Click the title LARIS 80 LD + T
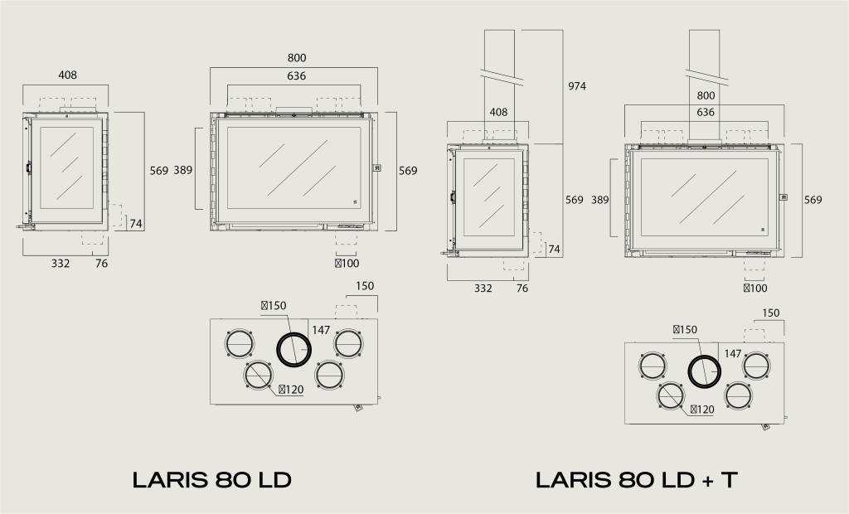point(635,479)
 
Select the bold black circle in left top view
point(293,350)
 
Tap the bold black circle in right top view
point(705,371)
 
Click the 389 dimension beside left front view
point(182,170)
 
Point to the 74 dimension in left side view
point(136,224)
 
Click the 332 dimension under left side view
point(61,264)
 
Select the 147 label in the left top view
point(322,330)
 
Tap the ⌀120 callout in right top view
point(701,409)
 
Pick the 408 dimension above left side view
point(67,75)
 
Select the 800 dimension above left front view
point(297,57)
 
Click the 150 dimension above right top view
point(771,313)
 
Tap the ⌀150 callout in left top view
point(274,305)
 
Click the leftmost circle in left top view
point(239,342)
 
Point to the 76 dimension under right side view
point(522,289)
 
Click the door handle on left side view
point(28,168)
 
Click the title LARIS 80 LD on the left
point(212,479)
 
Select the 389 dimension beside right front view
point(599,200)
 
